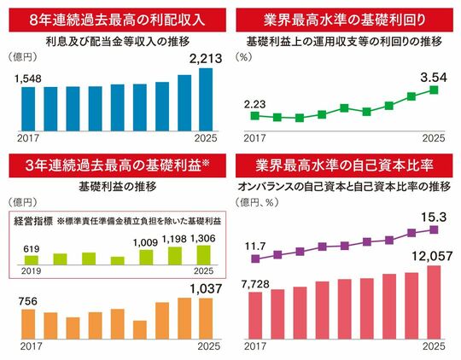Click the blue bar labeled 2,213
point(206,100)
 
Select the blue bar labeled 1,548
point(28,109)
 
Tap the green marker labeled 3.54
point(434,90)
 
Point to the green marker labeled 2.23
point(255,115)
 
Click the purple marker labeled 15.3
point(434,229)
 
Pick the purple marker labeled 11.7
point(255,258)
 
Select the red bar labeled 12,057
point(434,302)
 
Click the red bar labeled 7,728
point(255,316)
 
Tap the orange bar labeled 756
point(28,324)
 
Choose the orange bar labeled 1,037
point(206,319)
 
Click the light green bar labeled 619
point(32,260)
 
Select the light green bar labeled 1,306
point(203,255)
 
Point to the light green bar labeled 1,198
point(175,256)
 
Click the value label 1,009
point(145,243)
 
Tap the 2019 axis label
point(32,271)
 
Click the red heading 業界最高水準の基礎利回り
point(344,20)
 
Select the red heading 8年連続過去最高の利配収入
point(117,20)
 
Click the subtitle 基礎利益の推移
point(118,187)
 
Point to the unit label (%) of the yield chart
point(243,57)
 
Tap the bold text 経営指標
point(33,221)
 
